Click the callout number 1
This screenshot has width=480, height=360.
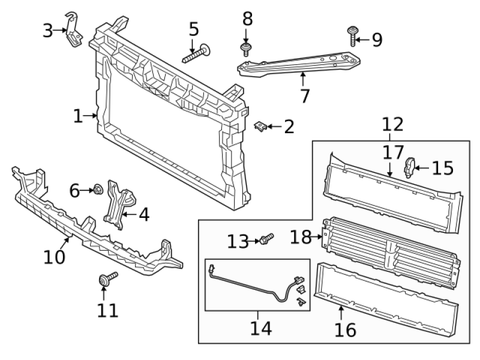(x=78, y=116)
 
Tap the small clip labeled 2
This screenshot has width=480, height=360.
(x=261, y=127)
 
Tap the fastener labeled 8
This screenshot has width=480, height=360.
(x=245, y=47)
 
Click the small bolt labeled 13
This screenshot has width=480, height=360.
(x=266, y=239)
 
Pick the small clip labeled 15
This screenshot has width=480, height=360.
(x=410, y=166)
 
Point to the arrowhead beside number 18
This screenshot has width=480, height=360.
(x=321, y=238)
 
